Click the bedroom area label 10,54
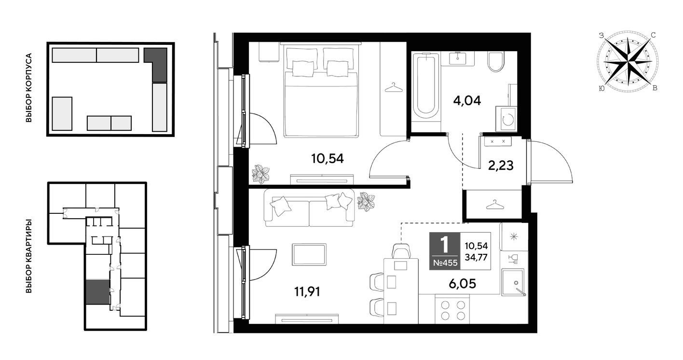327,159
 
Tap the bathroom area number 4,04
467,100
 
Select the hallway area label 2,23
501,166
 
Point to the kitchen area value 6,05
462,284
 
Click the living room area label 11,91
307,291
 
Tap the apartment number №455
445,263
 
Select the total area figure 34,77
476,257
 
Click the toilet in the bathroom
495,62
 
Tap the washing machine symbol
506,119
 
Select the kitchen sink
514,282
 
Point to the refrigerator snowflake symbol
514,236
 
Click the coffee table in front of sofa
309,254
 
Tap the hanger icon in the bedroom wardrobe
394,87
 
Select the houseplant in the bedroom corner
260,174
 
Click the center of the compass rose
628,62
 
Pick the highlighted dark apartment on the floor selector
97,292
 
